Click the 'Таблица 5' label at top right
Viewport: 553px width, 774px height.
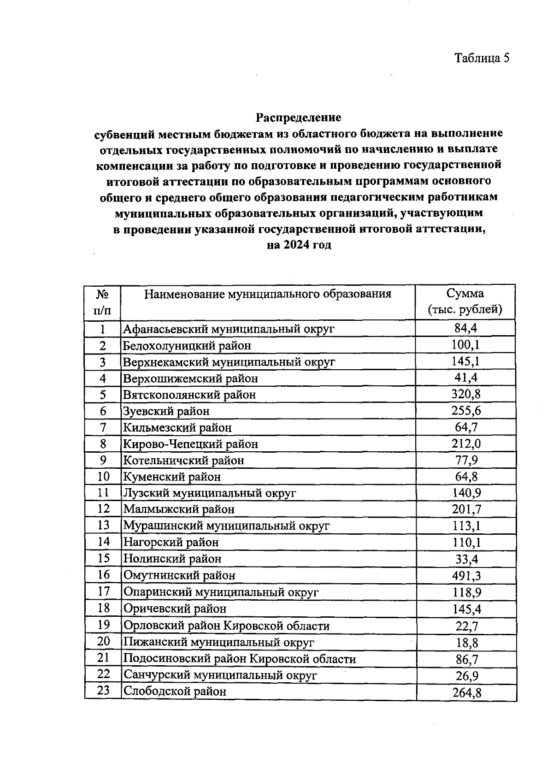click(x=482, y=58)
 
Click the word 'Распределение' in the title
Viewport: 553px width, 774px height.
click(x=299, y=117)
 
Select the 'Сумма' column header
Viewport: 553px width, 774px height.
click(x=465, y=294)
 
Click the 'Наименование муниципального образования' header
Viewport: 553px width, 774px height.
click(x=267, y=294)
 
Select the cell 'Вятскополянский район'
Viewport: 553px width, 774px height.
click(x=189, y=395)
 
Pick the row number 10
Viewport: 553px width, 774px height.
click(x=103, y=476)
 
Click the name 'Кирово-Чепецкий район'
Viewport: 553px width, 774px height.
click(x=190, y=444)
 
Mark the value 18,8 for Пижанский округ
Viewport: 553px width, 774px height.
click(x=466, y=642)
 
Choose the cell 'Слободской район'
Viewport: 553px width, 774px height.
click(x=175, y=691)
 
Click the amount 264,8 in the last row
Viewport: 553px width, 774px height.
click(x=467, y=692)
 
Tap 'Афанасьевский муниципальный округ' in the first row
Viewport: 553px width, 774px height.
click(x=229, y=329)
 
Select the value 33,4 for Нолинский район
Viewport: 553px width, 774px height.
click(x=466, y=559)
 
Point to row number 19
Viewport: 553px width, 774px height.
click(x=103, y=625)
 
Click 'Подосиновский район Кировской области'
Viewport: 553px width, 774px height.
click(x=240, y=659)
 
